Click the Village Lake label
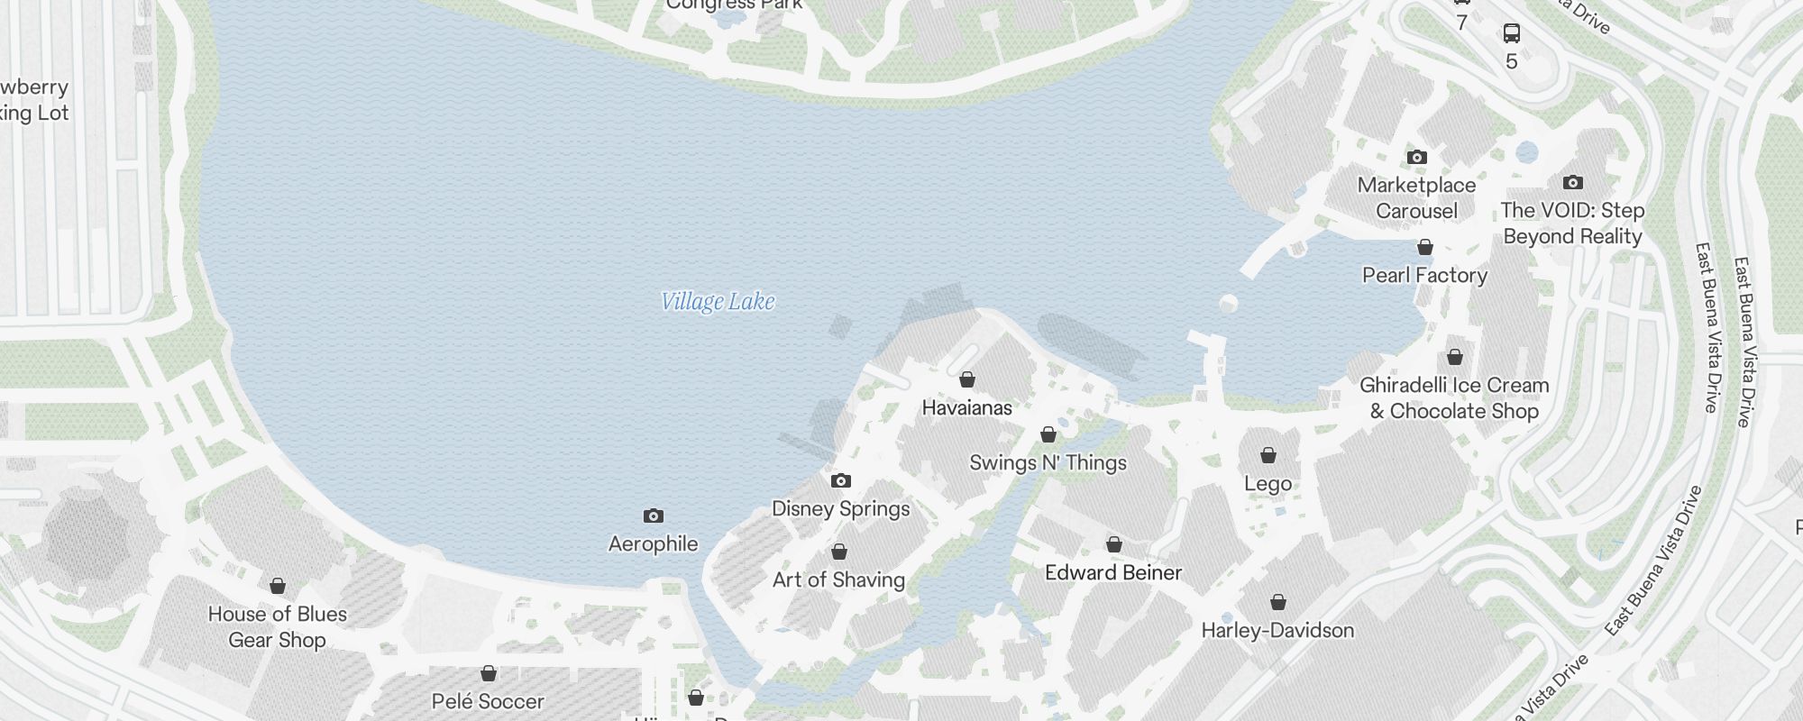(718, 301)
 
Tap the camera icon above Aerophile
(654, 516)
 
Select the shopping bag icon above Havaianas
(967, 379)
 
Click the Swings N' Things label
(1048, 462)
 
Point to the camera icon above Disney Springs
(840, 481)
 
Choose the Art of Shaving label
(838, 580)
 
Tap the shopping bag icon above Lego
(1268, 455)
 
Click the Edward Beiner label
(1113, 572)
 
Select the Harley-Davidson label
(1277, 630)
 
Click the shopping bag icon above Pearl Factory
(1425, 247)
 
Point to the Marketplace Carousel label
(1416, 198)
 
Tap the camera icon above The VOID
(1573, 183)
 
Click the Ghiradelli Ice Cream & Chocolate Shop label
(1454, 398)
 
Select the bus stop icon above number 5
(1512, 34)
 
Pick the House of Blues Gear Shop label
(278, 627)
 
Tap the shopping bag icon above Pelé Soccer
(489, 673)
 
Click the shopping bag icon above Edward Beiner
(1114, 544)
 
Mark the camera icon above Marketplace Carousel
(1417, 158)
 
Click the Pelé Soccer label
(488, 701)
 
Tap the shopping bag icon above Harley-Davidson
(1278, 602)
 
